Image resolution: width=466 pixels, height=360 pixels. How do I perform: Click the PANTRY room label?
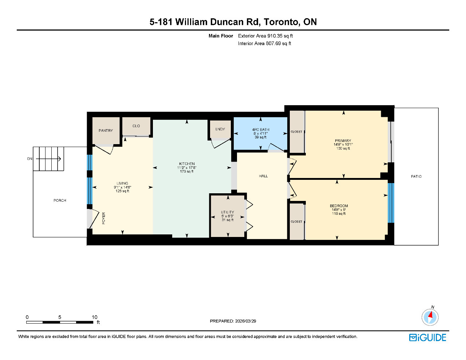106,130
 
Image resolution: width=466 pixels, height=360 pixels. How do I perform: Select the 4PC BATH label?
260,130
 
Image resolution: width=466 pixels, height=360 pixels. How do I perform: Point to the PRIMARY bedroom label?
343,141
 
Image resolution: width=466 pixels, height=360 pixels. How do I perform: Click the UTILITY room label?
227,212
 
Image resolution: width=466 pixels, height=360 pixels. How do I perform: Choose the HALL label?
263,176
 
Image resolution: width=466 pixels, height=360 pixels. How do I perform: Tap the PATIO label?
416,177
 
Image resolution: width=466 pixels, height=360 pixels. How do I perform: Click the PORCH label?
60,201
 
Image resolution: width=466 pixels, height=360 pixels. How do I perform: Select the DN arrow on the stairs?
48,159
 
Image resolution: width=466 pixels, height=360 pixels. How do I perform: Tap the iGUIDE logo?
427,337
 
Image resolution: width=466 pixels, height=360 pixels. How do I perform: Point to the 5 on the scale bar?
60,317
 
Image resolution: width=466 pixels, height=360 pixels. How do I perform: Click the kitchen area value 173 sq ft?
186,171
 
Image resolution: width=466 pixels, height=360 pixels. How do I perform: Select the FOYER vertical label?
104,218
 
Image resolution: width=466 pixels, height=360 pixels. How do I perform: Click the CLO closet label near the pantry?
136,126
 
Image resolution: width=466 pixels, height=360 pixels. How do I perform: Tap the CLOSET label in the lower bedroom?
296,222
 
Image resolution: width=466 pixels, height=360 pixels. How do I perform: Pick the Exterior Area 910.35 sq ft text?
265,36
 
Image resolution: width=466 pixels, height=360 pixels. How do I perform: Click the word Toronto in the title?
281,22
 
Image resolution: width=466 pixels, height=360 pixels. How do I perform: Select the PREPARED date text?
233,321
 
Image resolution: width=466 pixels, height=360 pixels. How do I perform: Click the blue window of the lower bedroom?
391,203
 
